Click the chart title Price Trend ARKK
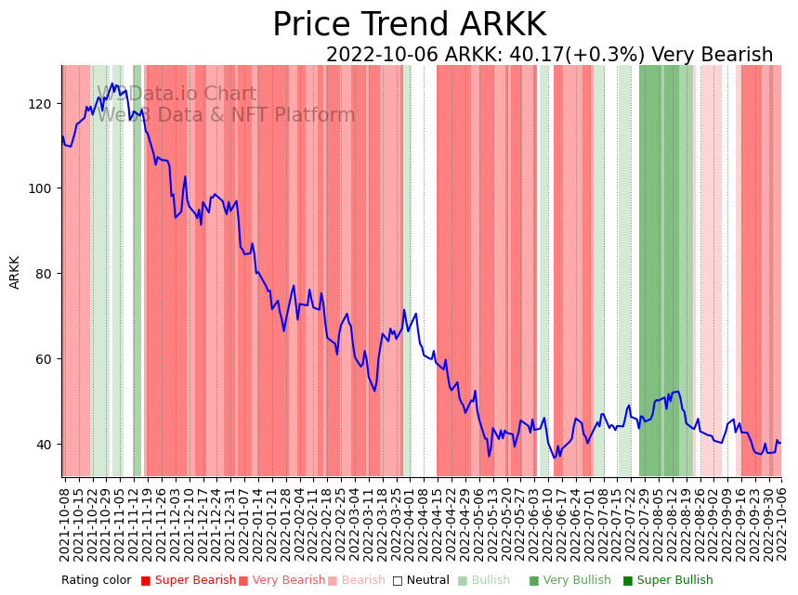pos(409,25)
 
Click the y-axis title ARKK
pos(15,272)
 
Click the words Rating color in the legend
pos(97,581)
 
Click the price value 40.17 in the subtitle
pos(540,56)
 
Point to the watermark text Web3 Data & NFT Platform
pos(226,116)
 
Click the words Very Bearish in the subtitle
pos(713,56)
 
